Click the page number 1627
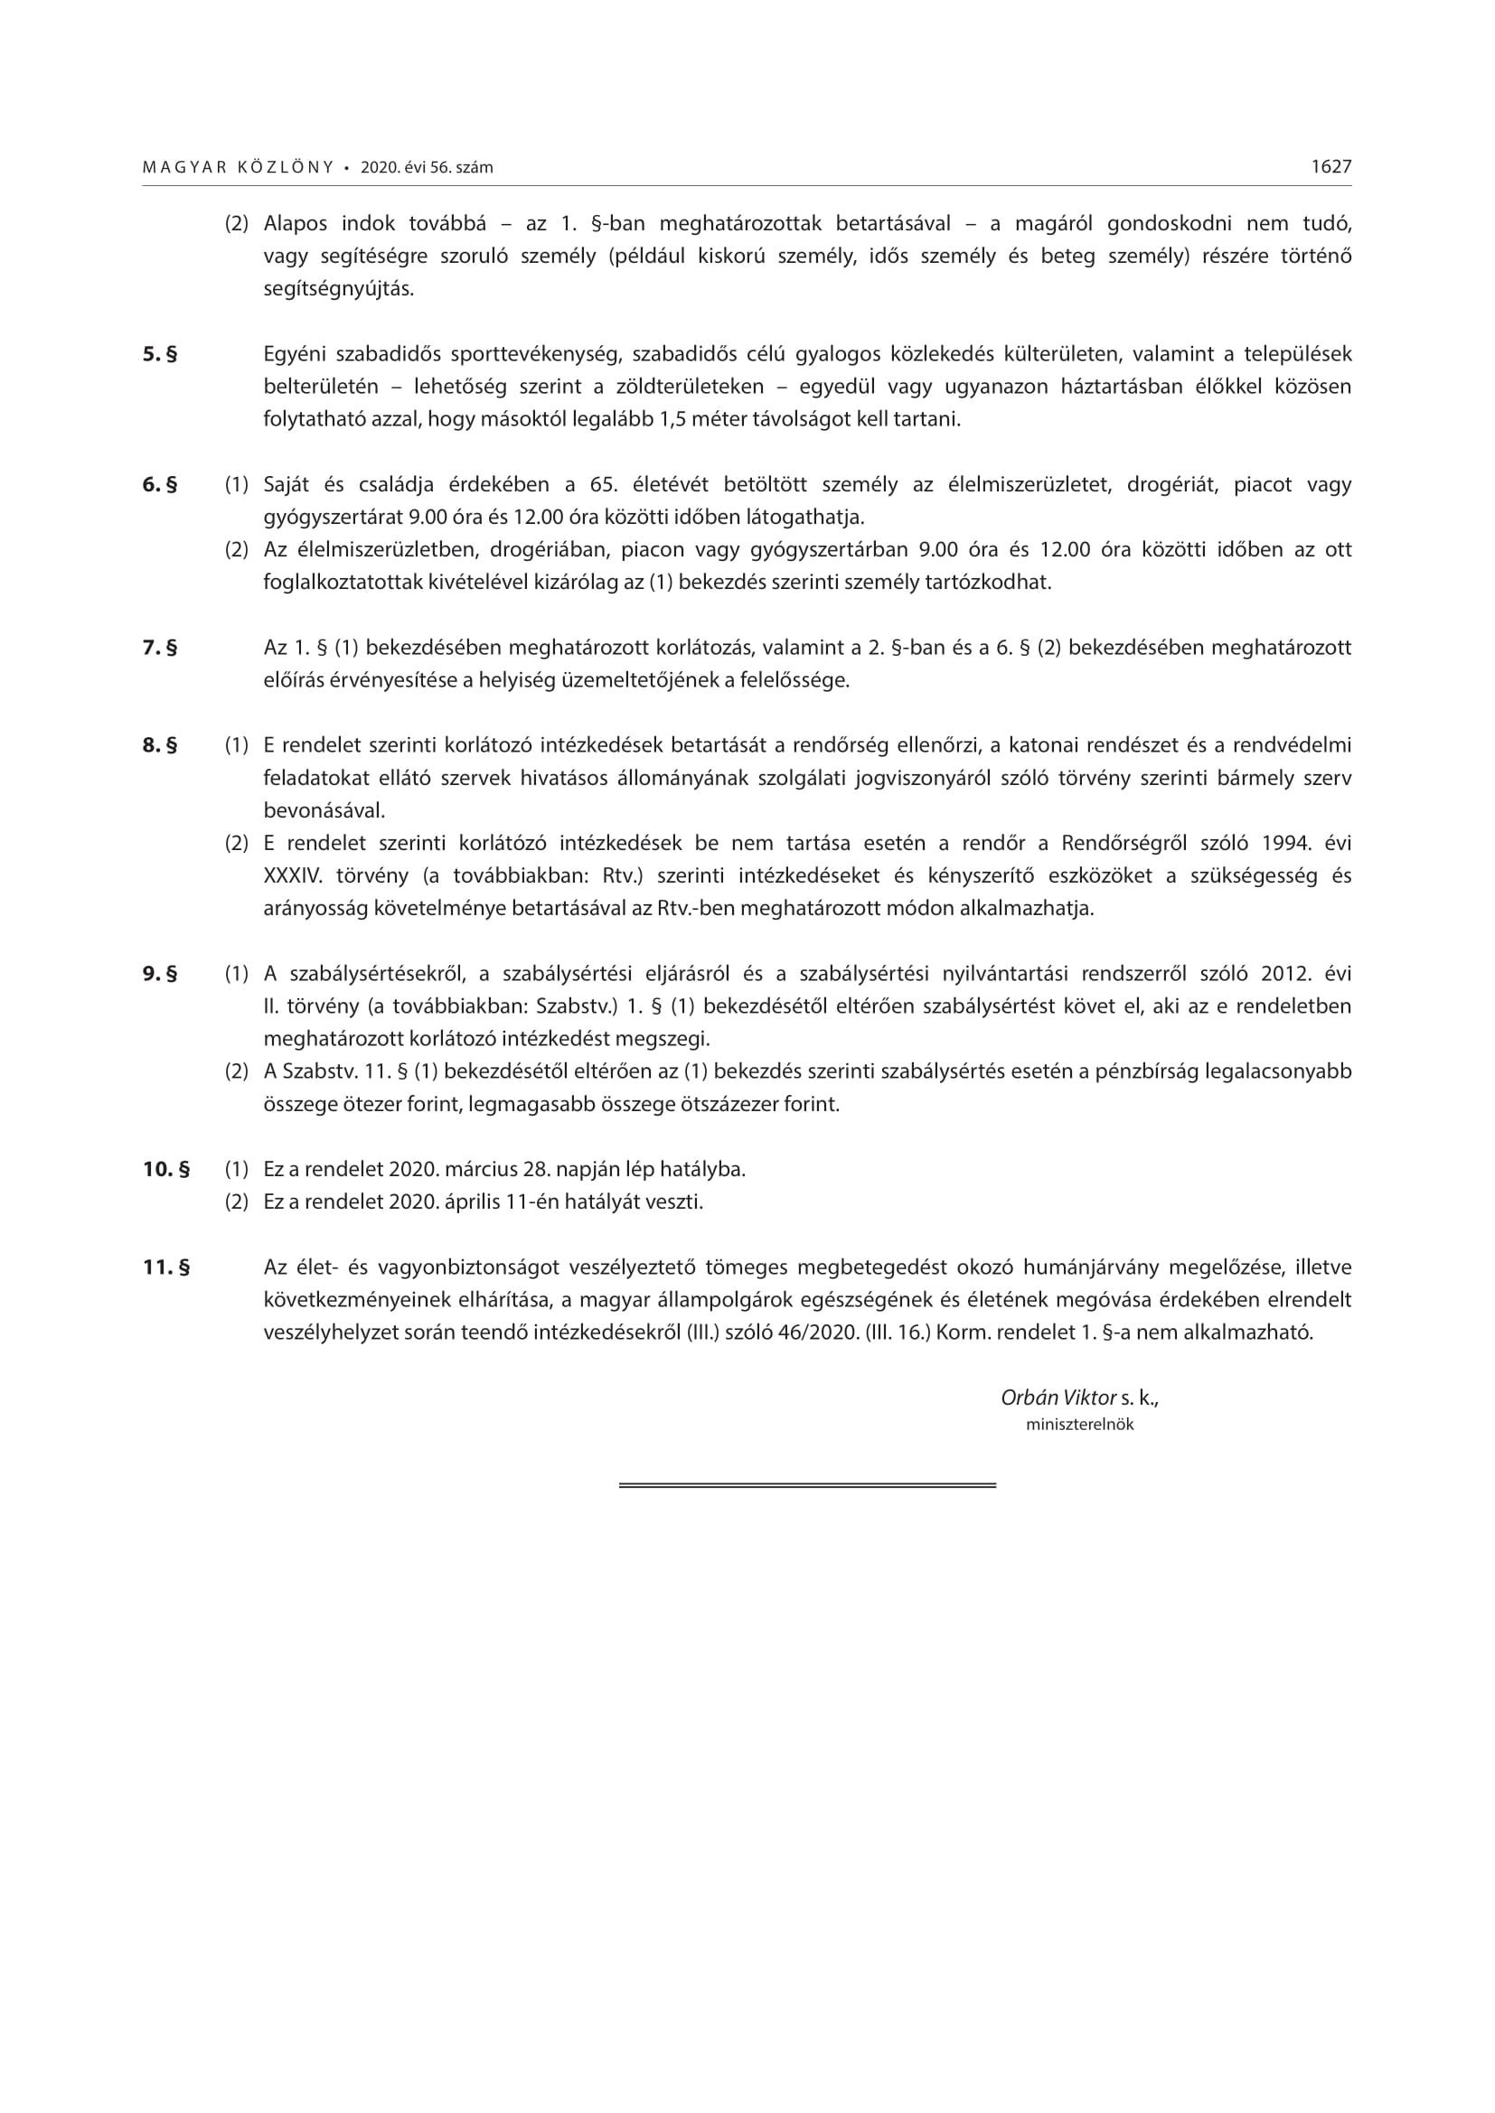tap(1331, 166)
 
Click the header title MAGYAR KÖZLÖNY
tap(239, 167)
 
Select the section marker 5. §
tap(160, 354)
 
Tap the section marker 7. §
tap(160, 648)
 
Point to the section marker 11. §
tap(166, 1267)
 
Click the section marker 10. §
tap(166, 1170)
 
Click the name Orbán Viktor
tap(1058, 1398)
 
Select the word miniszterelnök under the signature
tap(1080, 1425)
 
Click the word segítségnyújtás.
tap(339, 289)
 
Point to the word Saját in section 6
tap(287, 485)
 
